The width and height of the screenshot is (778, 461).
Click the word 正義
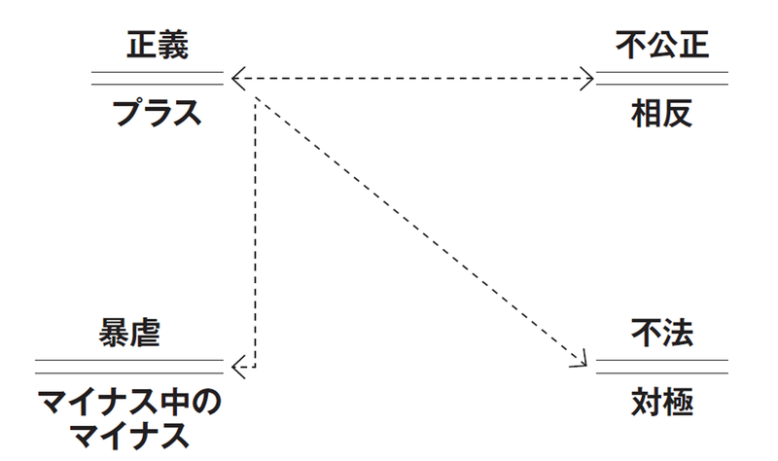(x=157, y=44)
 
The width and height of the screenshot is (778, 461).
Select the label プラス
(x=157, y=112)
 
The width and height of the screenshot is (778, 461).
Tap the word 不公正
(x=661, y=44)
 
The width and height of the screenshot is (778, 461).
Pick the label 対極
(x=661, y=401)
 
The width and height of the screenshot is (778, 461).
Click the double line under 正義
(x=157, y=78)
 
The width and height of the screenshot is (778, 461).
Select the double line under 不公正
(x=661, y=78)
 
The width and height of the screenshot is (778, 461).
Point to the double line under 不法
(x=661, y=366)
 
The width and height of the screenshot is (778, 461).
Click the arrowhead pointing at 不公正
(x=587, y=77)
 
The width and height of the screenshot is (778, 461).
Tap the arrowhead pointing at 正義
(x=236, y=77)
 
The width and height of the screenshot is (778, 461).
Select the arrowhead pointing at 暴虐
(x=238, y=366)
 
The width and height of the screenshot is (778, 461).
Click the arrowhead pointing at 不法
(x=583, y=362)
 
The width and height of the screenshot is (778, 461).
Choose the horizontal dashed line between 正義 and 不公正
(x=408, y=77)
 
